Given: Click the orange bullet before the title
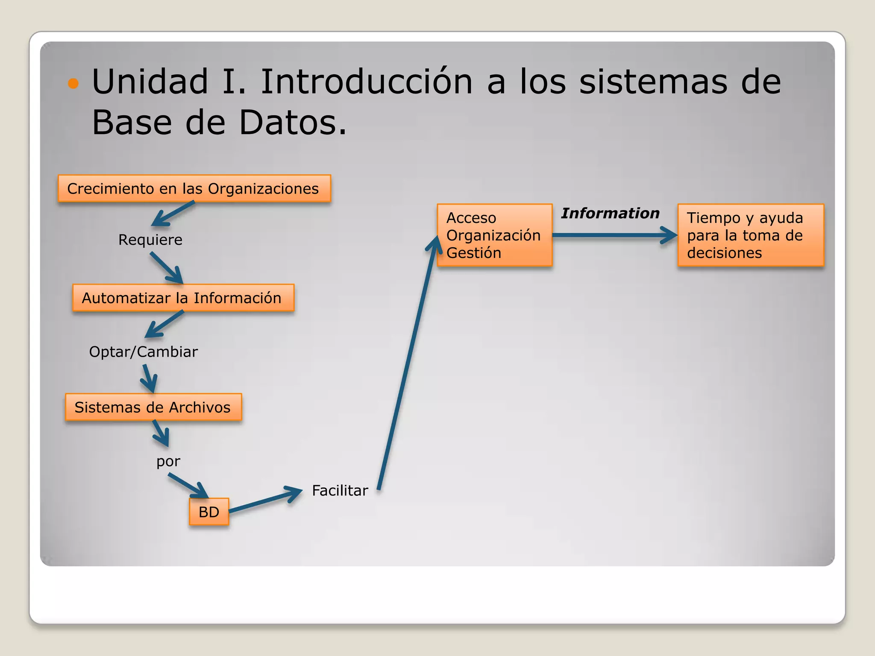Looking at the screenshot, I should [73, 83].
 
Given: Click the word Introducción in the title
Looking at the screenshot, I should [366, 82].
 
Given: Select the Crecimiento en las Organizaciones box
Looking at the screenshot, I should [194, 188].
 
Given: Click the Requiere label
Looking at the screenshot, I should [150, 240].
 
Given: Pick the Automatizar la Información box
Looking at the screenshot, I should [183, 298].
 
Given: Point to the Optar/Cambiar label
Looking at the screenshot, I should [143, 351].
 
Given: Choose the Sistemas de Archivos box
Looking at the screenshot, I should [153, 407].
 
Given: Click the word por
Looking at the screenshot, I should [168, 461].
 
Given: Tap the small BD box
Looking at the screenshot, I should [209, 512].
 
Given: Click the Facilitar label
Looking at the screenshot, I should [340, 490].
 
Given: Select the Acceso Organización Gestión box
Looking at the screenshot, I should [494, 235].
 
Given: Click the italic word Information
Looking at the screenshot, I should [610, 213].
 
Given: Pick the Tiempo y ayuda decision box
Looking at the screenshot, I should [750, 235].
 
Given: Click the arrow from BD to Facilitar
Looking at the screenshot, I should [265, 501].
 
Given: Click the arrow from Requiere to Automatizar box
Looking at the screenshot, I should [167, 268].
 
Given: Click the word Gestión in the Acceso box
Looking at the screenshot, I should [473, 253].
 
